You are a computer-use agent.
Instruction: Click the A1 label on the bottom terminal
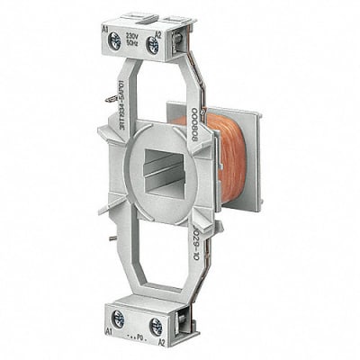point(110,331)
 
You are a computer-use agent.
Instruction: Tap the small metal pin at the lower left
point(112,237)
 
